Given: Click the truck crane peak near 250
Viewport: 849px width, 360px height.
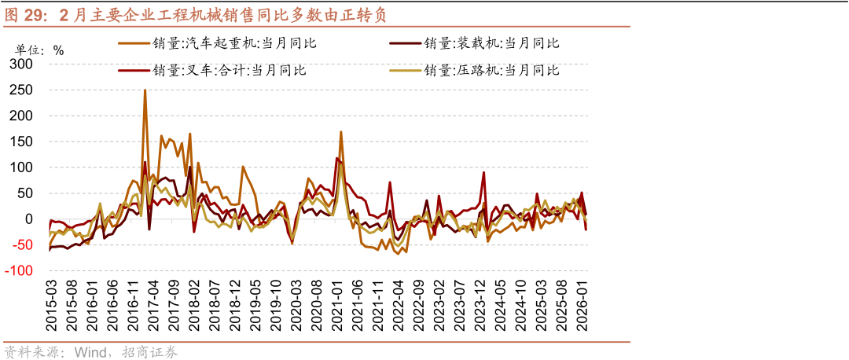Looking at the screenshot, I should [x=145, y=90].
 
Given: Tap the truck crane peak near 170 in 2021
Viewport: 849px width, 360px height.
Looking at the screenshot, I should [x=340, y=132].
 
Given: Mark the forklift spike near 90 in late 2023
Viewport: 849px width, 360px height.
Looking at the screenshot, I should [x=483, y=173].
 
